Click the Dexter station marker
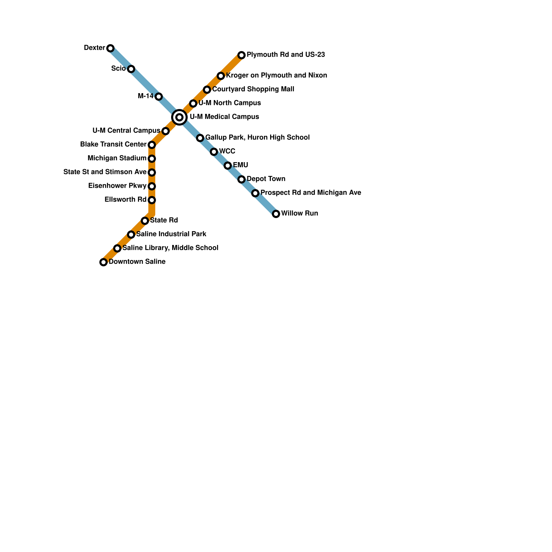[110, 48]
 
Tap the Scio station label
[118, 69]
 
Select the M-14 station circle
[159, 97]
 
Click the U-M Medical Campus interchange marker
[179, 117]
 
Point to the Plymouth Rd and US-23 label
[286, 55]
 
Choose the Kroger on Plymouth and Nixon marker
[221, 76]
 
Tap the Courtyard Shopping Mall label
[253, 89]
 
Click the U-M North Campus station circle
[193, 103]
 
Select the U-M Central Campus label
[126, 131]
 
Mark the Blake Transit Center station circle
[152, 145]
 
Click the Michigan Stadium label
[117, 158]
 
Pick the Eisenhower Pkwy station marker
[152, 186]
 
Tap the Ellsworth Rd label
[125, 200]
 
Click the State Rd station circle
[145, 221]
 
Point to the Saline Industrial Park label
[171, 234]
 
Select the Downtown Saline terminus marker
[103, 262]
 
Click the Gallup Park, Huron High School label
[257, 138]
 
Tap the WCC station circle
[214, 152]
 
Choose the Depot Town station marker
[241, 179]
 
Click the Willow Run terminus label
[299, 214]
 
